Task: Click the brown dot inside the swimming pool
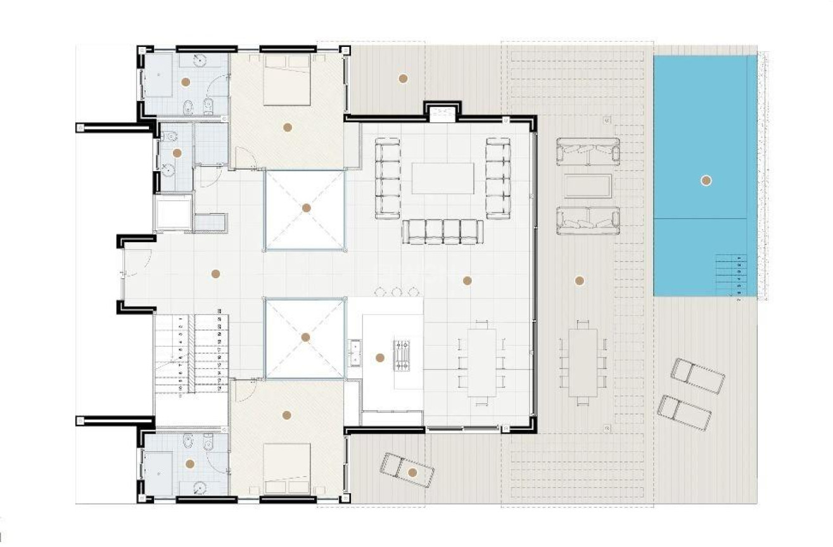pyautogui.click(x=706, y=181)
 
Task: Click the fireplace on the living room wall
pyautogui.click(x=442, y=114)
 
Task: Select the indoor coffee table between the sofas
pyautogui.click(x=443, y=178)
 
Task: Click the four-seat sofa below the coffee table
pyautogui.click(x=443, y=231)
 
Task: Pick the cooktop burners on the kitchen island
pyautogui.click(x=402, y=355)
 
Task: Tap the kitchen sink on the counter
pyautogui.click(x=355, y=352)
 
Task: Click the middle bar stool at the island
pyautogui.click(x=397, y=292)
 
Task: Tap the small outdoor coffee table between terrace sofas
pyautogui.click(x=588, y=186)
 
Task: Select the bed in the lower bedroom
pyautogui.click(x=286, y=468)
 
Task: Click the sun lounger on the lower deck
pyautogui.click(x=407, y=470)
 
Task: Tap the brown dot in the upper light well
pyautogui.click(x=307, y=208)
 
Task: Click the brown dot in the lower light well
pyautogui.click(x=305, y=337)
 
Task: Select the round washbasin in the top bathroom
pyautogui.click(x=200, y=60)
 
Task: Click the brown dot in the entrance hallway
pyautogui.click(x=215, y=274)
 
